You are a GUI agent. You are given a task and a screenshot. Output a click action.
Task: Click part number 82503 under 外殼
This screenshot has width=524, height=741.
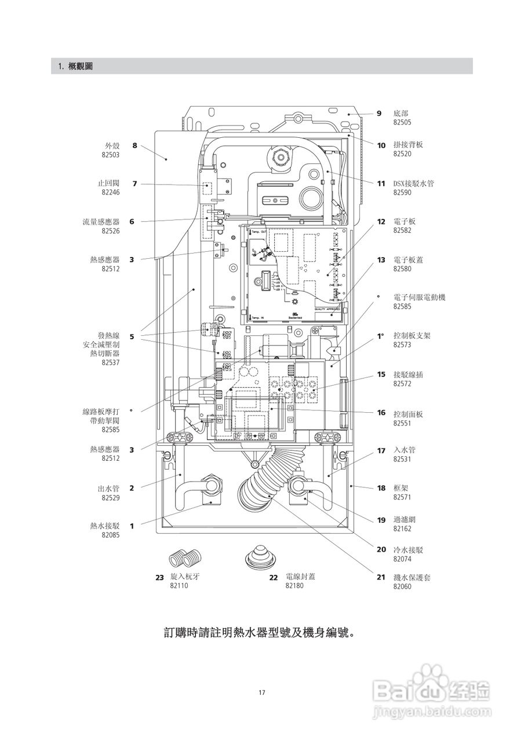point(111,155)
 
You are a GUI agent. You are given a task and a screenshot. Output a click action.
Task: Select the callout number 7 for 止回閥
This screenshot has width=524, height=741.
point(134,184)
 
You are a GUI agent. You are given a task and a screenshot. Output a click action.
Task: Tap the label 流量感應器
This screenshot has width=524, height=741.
point(101,222)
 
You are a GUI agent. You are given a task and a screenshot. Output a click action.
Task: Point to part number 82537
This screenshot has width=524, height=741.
point(110,362)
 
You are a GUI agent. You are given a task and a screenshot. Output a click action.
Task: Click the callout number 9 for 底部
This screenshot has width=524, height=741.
point(379,113)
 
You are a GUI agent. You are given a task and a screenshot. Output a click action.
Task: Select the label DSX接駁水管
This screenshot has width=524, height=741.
point(413,184)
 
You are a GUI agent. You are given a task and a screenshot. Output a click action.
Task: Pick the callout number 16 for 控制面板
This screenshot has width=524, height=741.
point(381,413)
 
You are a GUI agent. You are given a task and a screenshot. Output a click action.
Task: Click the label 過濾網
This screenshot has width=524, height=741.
point(405,520)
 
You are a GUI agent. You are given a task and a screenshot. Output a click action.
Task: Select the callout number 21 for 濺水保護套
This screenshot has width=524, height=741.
point(381,577)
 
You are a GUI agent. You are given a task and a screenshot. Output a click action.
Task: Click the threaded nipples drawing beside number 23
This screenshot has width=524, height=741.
point(184,558)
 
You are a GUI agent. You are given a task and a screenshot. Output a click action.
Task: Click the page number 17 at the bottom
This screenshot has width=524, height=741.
point(262,692)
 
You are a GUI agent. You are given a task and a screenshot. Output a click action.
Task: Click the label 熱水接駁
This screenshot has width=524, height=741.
point(104,526)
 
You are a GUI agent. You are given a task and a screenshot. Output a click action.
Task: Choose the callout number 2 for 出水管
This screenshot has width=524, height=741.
point(132,488)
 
